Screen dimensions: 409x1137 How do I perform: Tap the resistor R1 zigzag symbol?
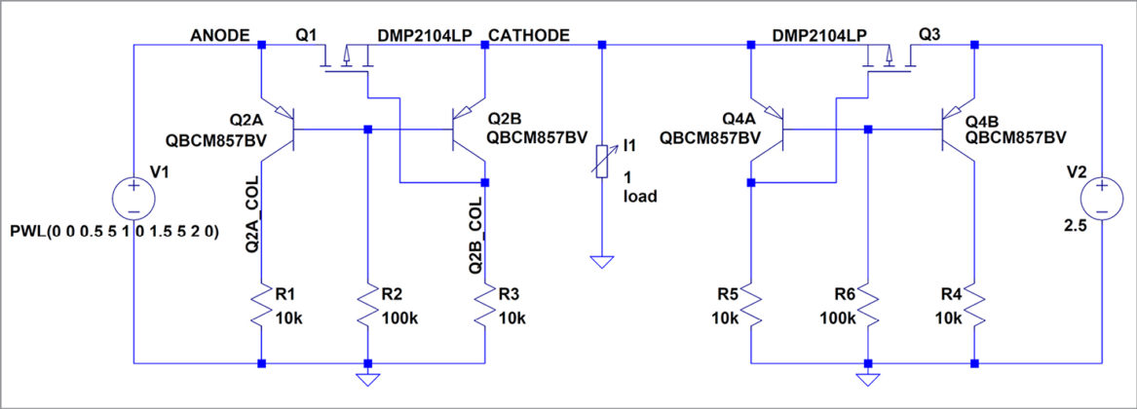coord(261,307)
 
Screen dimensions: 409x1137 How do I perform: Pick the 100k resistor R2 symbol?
coord(366,307)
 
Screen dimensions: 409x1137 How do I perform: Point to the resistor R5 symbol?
coord(750,307)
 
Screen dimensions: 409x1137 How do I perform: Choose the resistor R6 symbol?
coord(867,307)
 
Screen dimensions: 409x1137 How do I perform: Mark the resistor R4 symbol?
coord(974,307)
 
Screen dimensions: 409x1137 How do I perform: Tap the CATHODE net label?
coord(529,35)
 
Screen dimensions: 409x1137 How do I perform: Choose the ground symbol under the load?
coord(603,261)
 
